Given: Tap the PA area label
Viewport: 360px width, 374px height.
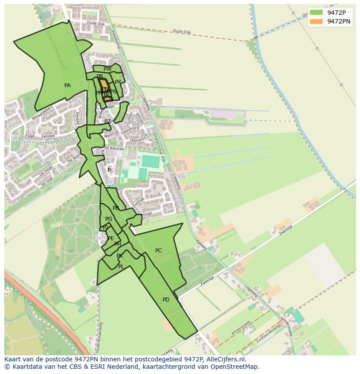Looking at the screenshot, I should coord(67,86).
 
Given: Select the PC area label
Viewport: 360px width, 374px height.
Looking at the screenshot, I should coord(158,251).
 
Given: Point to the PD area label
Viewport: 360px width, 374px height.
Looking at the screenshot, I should coord(166,300).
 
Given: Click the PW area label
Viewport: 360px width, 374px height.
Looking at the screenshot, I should coord(107,69).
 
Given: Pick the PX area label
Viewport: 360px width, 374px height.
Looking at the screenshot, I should coord(118,82).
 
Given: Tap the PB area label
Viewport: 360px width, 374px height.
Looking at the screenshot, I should coord(116,208).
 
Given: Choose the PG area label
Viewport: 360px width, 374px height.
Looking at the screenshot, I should coord(109,219).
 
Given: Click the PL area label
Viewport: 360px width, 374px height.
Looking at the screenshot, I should coord(121,267).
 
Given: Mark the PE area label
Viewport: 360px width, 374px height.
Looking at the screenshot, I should coord(111,238).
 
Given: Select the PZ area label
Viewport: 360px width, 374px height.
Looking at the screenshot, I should coord(107,122).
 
